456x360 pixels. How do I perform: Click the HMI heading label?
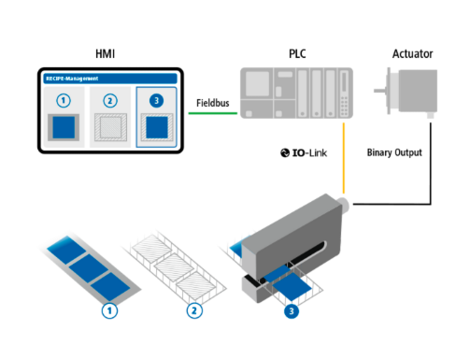(106, 53)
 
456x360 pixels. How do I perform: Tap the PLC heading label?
(297, 53)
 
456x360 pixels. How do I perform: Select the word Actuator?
(412, 53)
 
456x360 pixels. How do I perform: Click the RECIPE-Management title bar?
(110, 79)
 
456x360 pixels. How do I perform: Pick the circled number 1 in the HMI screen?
(64, 101)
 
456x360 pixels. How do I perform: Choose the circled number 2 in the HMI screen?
(110, 101)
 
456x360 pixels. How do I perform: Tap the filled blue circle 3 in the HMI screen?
(156, 101)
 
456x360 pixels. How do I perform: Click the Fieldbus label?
(213, 103)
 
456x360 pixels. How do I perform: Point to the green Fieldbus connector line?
(213, 113)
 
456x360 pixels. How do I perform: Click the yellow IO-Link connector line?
(344, 158)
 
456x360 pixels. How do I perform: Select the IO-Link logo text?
(304, 152)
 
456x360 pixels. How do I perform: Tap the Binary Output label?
(394, 152)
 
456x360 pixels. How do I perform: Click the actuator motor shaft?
(380, 91)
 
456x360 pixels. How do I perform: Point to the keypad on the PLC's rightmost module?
(344, 106)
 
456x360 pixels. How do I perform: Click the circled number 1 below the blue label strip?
(109, 310)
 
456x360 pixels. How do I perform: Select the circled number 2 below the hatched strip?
(194, 310)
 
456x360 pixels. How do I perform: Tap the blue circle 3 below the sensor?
(292, 311)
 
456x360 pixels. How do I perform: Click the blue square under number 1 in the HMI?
(64, 127)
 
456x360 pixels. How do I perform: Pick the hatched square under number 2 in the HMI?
(110, 127)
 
